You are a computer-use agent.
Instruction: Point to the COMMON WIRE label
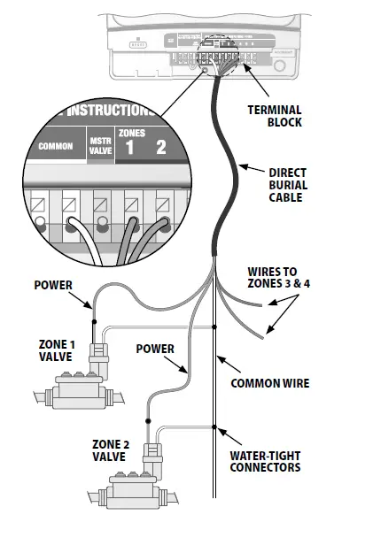[x=269, y=383]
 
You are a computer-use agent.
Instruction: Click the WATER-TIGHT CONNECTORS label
[x=264, y=461]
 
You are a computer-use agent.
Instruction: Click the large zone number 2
[x=160, y=147]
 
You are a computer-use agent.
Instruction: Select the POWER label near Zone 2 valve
[x=155, y=349]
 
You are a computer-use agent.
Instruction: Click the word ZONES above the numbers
[x=131, y=131]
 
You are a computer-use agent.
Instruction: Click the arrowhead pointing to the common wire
[x=221, y=355]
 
